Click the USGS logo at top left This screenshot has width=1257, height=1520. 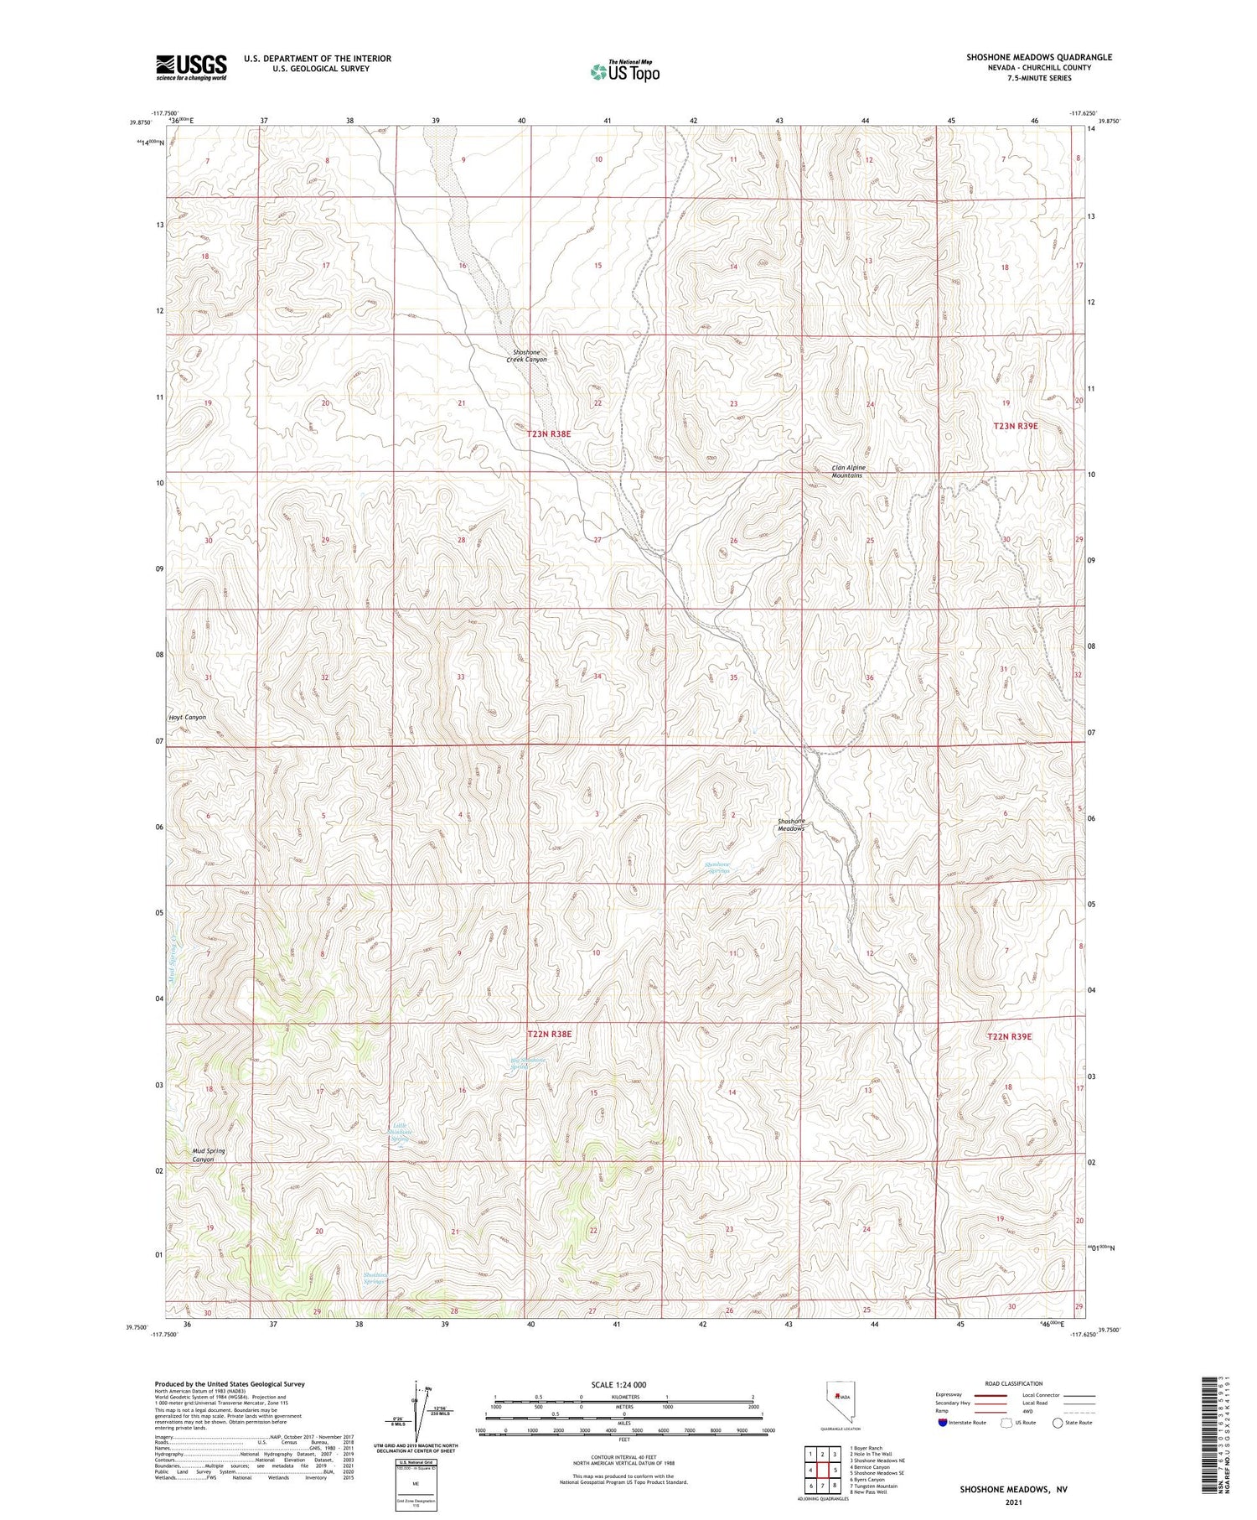click(191, 67)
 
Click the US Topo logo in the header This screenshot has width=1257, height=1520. click(625, 72)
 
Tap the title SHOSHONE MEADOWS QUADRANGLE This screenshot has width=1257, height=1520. click(1039, 57)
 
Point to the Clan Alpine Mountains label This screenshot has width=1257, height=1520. click(847, 471)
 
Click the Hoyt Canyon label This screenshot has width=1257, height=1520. click(188, 718)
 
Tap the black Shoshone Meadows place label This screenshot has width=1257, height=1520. click(791, 824)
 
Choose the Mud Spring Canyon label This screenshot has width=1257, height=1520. click(209, 1155)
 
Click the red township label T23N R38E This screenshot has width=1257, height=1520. click(549, 433)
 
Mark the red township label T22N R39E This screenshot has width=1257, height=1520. click(1009, 1037)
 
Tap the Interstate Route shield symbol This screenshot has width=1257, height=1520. click(943, 1423)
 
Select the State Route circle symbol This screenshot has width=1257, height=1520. click(1058, 1423)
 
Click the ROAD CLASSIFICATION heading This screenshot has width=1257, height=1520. click(1013, 1383)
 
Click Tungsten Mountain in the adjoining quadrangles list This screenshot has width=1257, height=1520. click(873, 1486)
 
